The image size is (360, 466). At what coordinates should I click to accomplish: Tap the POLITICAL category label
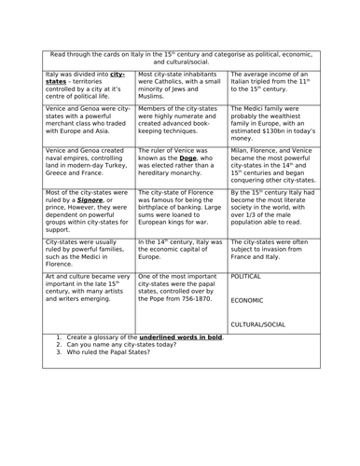246,277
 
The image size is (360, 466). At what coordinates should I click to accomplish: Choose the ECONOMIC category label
247,300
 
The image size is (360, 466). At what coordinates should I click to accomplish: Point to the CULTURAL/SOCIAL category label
259,324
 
